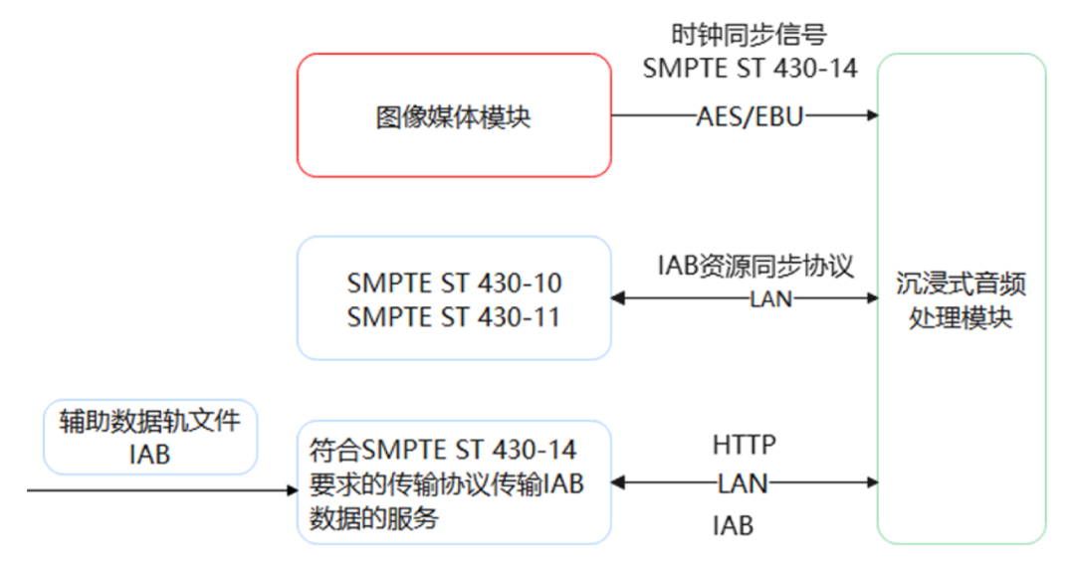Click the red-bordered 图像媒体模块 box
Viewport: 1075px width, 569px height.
pos(454,116)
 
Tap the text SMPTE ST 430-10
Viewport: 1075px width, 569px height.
pos(454,284)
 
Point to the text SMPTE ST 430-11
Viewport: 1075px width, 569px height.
pos(454,317)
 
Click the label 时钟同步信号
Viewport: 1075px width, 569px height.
pos(749,36)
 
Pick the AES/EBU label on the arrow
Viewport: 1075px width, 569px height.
pos(750,116)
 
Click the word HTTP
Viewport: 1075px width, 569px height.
pos(744,444)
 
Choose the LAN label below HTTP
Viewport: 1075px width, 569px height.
pos(744,483)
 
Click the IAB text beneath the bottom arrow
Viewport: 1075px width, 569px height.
pos(733,524)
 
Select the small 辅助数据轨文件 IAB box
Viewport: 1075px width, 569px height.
pos(150,438)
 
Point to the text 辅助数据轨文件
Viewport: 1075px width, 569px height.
pos(150,422)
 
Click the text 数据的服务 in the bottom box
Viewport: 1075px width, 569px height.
pos(373,518)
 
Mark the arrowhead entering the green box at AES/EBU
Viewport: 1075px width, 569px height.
pos(873,115)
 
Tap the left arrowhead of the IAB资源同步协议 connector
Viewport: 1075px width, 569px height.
pos(618,297)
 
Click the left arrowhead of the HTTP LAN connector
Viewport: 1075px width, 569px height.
pos(618,483)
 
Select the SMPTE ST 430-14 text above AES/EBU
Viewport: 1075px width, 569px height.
pos(750,69)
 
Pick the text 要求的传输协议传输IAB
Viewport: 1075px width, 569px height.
pos(446,485)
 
